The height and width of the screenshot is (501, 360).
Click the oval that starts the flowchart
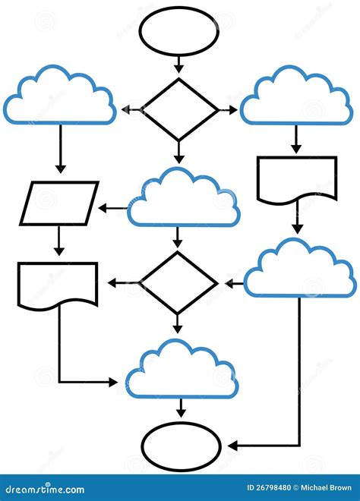click(x=179, y=32)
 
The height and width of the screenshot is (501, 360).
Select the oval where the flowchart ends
click(x=181, y=443)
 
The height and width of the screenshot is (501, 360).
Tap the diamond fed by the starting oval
click(x=179, y=110)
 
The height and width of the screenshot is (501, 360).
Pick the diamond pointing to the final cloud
click(x=179, y=283)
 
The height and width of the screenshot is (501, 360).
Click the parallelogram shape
click(x=59, y=203)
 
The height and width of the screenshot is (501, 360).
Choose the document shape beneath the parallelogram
click(x=58, y=285)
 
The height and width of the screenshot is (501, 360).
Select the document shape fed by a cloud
click(x=297, y=179)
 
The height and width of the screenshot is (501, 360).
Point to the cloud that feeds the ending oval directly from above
click(x=180, y=370)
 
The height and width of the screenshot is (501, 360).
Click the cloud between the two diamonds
click(x=182, y=198)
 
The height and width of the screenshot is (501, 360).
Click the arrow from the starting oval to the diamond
click(x=179, y=65)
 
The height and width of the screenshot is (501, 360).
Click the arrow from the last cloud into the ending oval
click(x=180, y=408)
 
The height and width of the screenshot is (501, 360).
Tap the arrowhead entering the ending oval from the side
click(x=232, y=445)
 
